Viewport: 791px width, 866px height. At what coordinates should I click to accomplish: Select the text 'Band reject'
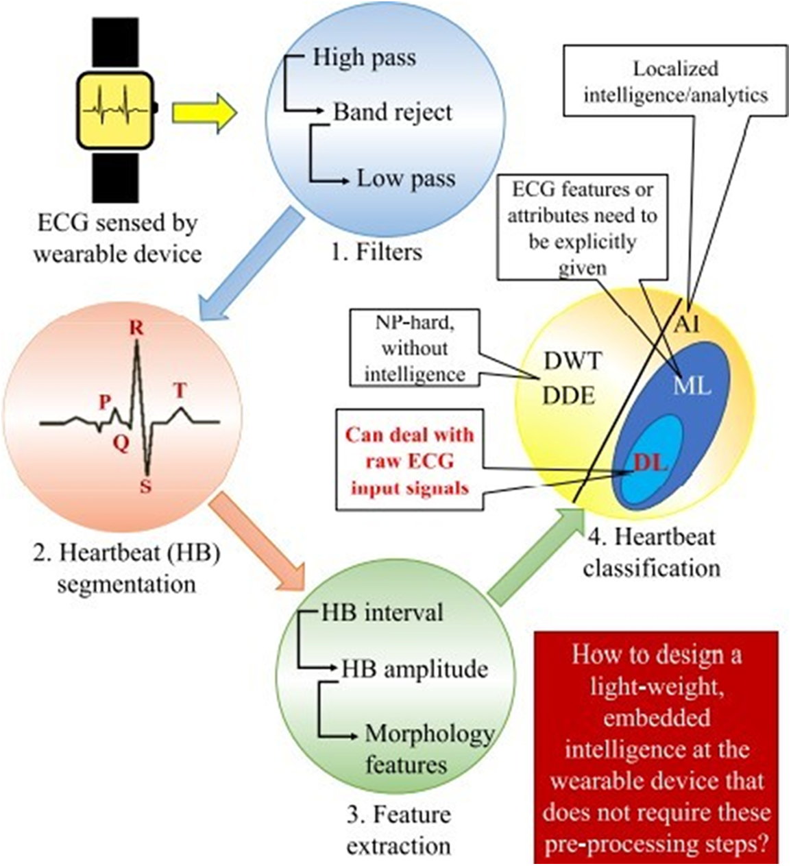[x=392, y=112]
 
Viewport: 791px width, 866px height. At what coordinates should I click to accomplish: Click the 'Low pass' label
[x=406, y=179]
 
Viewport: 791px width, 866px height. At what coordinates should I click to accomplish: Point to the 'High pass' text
[x=364, y=58]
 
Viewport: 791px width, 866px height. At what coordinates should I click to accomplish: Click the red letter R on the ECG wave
[x=136, y=328]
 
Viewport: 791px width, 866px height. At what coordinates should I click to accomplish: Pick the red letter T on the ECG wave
[x=180, y=391]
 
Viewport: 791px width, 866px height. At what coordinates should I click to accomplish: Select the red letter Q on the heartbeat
[x=121, y=444]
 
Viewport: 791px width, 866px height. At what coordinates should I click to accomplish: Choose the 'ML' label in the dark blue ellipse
[x=692, y=386]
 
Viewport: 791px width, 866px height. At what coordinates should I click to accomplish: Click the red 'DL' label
[x=650, y=464]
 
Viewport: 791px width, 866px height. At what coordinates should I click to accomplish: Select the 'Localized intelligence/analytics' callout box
[x=675, y=81]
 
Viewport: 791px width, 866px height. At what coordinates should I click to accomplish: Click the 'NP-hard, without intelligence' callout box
[x=414, y=348]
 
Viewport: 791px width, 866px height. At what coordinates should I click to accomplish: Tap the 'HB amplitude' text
[x=415, y=669]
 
